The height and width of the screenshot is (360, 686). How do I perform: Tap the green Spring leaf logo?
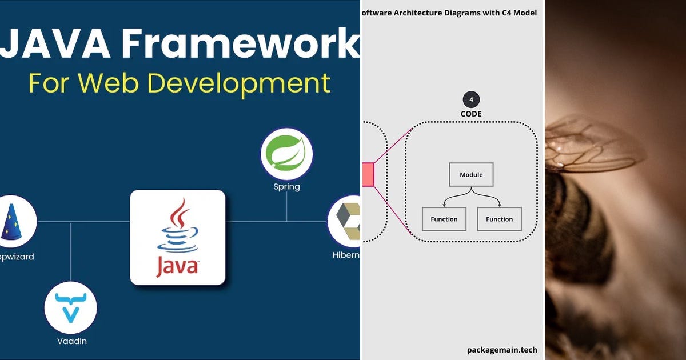(x=286, y=154)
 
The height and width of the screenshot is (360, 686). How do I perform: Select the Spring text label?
(x=286, y=187)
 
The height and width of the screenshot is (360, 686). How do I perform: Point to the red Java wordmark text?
(x=177, y=267)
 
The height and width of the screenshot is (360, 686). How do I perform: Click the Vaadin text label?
(x=71, y=341)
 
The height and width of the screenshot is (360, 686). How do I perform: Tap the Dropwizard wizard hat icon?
(x=13, y=221)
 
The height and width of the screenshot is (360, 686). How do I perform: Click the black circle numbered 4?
(x=471, y=100)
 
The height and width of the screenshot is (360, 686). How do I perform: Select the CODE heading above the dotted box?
(x=471, y=114)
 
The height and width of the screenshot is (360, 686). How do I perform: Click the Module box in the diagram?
(x=471, y=175)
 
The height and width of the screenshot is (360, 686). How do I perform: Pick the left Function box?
(x=444, y=219)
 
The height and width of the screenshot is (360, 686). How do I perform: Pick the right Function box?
(x=499, y=219)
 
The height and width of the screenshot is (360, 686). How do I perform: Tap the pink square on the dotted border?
(x=368, y=174)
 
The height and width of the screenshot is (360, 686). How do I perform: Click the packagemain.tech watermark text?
(x=502, y=350)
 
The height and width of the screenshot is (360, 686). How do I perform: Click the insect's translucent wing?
(x=595, y=143)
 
